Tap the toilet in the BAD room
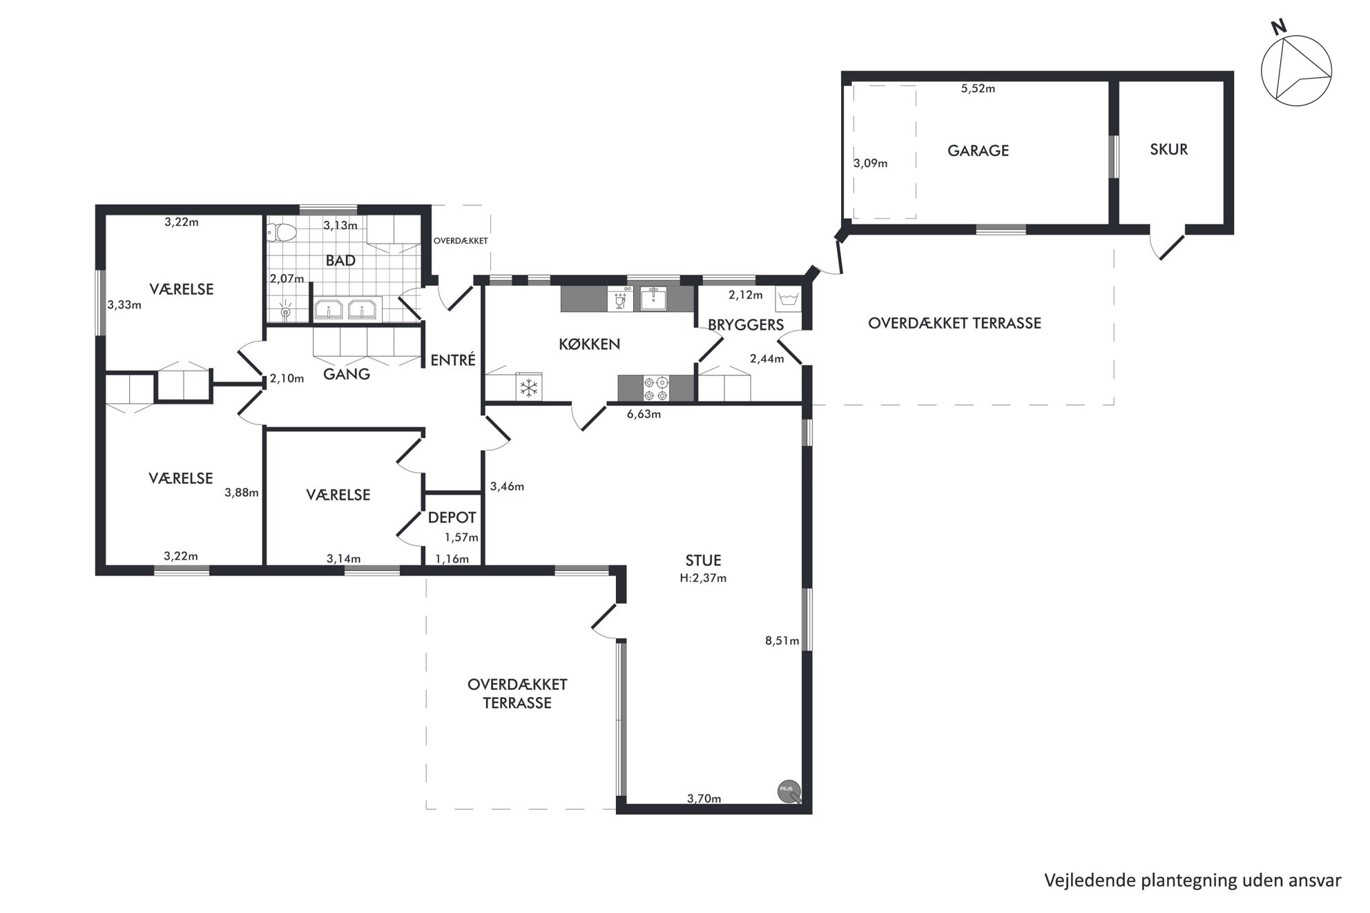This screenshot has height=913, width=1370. pos(281,233)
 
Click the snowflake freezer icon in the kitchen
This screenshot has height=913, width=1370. pos(529,387)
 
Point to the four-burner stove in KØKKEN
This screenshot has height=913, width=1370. pos(655,389)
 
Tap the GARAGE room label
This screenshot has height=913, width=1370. pos(978,150)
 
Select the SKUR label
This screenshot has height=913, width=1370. pos(1168,149)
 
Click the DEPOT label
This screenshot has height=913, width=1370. pos(452,518)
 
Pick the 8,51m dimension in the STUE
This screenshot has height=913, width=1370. pos(782,641)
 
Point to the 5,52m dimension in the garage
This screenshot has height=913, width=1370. pos(978,88)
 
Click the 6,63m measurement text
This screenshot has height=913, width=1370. pos(644,414)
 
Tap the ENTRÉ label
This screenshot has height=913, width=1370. pos(453,360)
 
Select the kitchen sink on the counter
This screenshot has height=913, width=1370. pos(653,299)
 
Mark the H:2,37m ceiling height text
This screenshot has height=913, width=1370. pos(703,578)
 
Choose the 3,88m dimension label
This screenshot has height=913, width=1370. pos(242,493)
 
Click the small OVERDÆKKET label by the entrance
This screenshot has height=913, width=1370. pos(461,241)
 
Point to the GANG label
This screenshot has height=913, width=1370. pos(347,374)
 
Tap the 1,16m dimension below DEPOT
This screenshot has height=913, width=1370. pos(452,559)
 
